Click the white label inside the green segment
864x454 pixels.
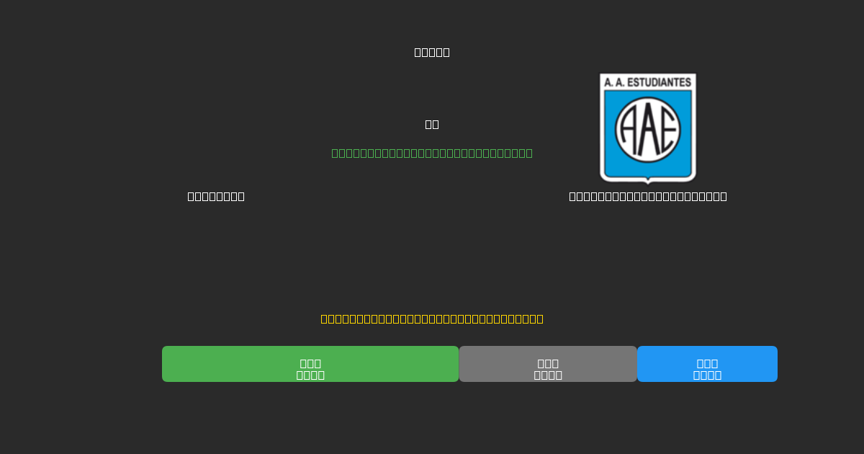(310, 369)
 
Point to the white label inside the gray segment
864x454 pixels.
(548, 369)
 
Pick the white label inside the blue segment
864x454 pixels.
(707, 369)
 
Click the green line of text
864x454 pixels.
(432, 153)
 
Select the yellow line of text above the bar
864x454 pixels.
(432, 319)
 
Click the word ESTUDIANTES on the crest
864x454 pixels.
(660, 83)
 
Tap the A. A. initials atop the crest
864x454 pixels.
(613, 83)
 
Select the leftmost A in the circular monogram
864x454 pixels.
(628, 130)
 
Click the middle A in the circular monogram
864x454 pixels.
(648, 130)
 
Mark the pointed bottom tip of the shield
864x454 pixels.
(648, 182)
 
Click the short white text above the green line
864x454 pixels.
(432, 124)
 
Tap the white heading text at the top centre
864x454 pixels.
(432, 52)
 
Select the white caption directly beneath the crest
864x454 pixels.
(648, 196)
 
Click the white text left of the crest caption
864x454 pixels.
(216, 196)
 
